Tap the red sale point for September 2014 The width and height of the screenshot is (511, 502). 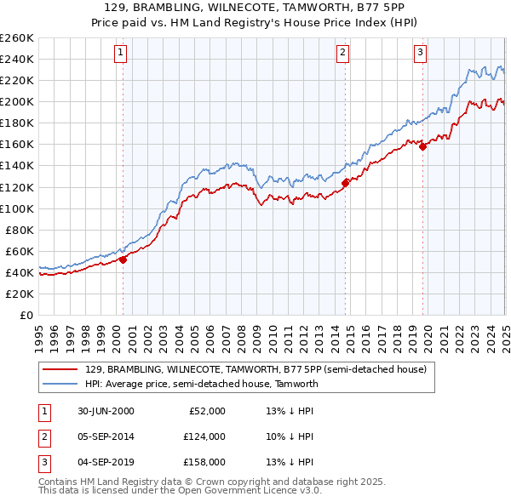(345, 182)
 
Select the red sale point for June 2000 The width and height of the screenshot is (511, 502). (123, 260)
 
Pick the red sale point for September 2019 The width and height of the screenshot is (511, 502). (422, 145)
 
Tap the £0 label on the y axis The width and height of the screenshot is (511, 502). (26, 315)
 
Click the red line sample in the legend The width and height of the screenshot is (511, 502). (60, 369)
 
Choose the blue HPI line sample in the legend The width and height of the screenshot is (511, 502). (60, 384)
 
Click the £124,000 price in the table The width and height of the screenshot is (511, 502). (204, 436)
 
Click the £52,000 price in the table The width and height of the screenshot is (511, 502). (207, 411)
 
